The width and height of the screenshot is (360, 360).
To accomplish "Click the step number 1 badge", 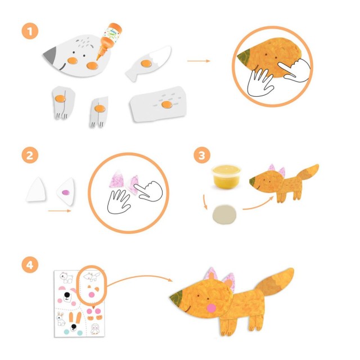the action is [30, 31].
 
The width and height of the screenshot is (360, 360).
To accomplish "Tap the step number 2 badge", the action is [30, 155].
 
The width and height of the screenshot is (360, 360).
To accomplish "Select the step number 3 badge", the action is [202, 155].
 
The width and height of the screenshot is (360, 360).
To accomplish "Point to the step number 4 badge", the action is [30, 265].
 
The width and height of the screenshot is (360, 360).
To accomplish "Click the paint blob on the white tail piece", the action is [146, 64].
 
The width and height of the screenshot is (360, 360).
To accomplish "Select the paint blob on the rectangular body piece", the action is [166, 105].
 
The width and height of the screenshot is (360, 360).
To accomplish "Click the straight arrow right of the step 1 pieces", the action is [199, 61].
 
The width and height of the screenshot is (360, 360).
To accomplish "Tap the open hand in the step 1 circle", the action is [260, 83].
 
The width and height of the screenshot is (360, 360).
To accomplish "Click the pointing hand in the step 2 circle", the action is [148, 191].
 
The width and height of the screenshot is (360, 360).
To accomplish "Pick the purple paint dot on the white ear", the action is [65, 192].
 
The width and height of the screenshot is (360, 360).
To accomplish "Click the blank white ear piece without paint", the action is [36, 190].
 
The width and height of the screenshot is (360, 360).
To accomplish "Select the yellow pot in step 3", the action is [226, 177].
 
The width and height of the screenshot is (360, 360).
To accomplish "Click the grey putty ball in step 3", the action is [224, 214].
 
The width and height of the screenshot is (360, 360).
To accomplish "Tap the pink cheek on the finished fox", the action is [211, 308].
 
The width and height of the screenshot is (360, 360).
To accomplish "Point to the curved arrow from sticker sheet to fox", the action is [139, 277].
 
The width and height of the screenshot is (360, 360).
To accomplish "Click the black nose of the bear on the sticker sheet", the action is [67, 295].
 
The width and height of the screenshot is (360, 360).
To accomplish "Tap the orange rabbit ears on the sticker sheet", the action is [75, 317].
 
